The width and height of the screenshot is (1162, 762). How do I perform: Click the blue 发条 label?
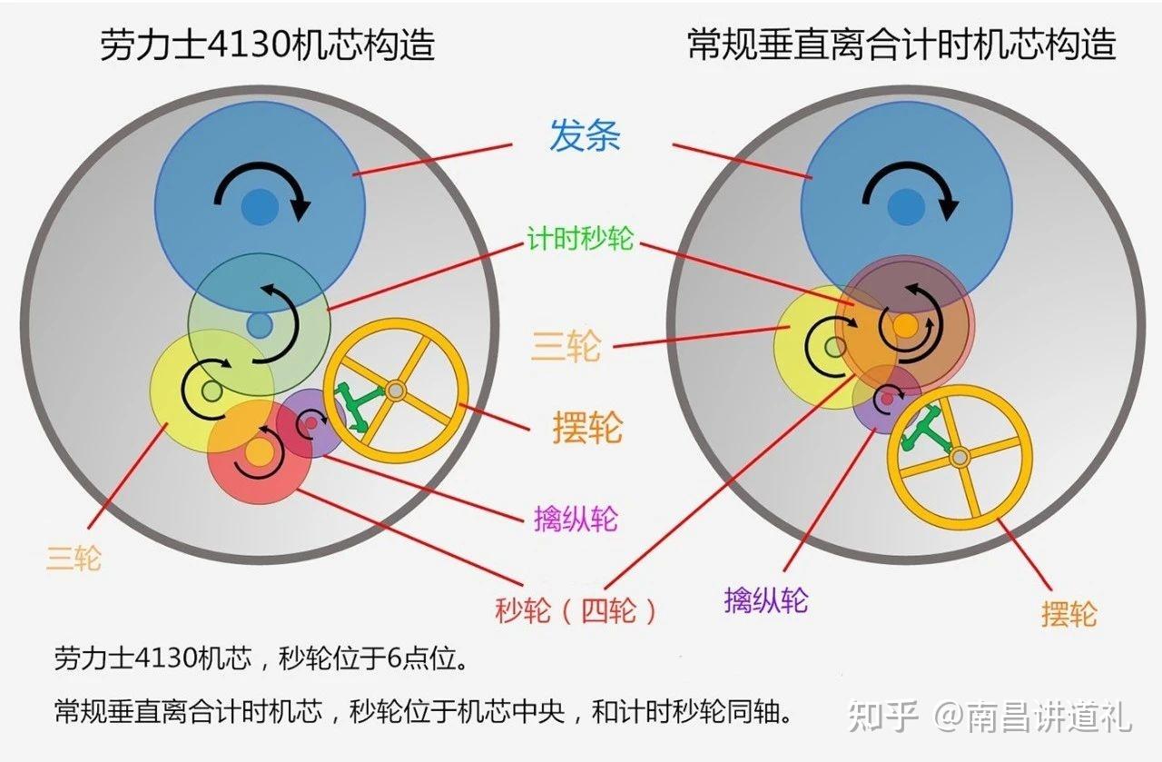click(x=585, y=135)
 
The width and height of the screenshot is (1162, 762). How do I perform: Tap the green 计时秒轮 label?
click(x=580, y=239)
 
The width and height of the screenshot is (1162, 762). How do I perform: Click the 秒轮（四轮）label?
click(x=576, y=610)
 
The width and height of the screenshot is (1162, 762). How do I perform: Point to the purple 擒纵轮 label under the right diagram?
click(x=766, y=600)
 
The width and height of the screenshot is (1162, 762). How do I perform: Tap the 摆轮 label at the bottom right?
click(x=1069, y=614)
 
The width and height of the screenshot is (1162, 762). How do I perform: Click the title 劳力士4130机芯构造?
click(x=267, y=45)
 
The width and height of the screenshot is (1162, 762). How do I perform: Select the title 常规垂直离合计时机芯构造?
click(x=902, y=45)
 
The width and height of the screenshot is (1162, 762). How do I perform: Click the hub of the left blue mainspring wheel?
click(x=260, y=207)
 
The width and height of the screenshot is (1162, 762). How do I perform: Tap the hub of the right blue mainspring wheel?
click(x=906, y=207)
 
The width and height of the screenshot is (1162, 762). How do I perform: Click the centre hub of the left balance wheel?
click(x=395, y=391)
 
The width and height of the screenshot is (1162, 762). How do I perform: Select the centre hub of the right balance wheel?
click(x=960, y=458)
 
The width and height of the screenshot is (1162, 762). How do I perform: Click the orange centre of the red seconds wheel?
click(x=259, y=453)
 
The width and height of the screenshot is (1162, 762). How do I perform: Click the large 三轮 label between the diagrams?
click(x=566, y=346)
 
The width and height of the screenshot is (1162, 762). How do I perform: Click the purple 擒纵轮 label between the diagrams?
click(x=576, y=519)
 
